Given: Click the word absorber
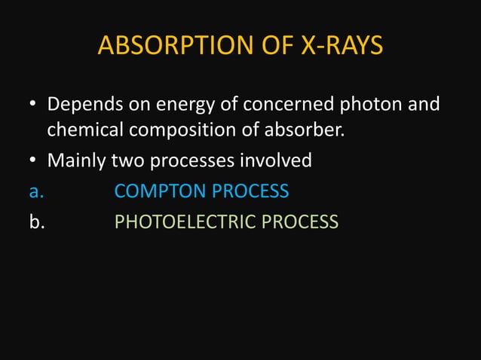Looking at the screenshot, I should pyautogui.click(x=305, y=131).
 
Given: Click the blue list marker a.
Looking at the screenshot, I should pyautogui.click(x=34, y=191).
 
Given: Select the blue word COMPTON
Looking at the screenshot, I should pyautogui.click(x=160, y=191).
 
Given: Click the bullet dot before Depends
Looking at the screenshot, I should pyautogui.click(x=34, y=104).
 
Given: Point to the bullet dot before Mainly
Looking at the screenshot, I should pyautogui.click(x=34, y=161).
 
